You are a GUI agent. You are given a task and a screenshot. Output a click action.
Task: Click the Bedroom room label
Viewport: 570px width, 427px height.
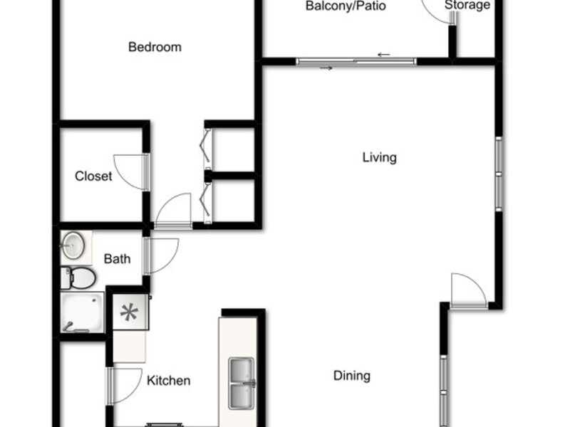click(155, 47)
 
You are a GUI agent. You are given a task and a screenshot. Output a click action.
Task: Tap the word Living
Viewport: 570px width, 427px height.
click(380, 157)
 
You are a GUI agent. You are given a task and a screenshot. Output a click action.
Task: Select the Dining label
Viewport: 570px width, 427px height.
click(352, 376)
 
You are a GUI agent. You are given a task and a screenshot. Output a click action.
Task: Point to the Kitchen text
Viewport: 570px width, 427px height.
click(169, 381)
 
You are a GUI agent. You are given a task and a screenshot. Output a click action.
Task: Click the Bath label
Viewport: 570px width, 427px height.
click(117, 259)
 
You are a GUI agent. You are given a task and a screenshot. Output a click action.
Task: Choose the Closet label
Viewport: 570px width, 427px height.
click(93, 176)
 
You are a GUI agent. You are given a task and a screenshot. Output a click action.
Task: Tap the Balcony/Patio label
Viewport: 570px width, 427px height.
click(346, 6)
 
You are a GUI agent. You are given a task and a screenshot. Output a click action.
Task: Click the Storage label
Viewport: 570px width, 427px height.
click(467, 5)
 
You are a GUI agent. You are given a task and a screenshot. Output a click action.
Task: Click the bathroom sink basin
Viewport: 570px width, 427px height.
click(73, 246)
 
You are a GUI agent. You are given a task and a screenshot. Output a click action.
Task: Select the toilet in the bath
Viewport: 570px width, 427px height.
click(78, 278)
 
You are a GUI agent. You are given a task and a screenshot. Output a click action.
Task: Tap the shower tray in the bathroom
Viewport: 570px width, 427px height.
click(82, 312)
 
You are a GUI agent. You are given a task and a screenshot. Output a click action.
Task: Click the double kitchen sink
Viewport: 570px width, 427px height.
click(242, 384)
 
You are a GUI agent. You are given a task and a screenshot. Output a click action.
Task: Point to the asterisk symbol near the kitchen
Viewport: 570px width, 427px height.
click(130, 312)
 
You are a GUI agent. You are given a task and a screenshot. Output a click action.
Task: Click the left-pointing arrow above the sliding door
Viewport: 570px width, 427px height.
click(384, 55)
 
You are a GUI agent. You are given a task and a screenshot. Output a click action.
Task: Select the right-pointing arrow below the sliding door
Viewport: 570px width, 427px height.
click(326, 68)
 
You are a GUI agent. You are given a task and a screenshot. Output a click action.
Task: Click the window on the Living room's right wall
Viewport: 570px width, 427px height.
click(499, 174)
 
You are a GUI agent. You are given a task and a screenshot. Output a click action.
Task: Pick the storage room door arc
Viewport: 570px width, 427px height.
click(429, 14)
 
